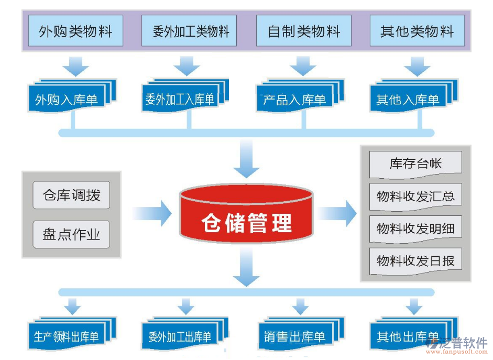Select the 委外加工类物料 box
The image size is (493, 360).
coord(189,31)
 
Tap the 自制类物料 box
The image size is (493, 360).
coord(303,31)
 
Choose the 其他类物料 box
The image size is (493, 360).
coord(417,31)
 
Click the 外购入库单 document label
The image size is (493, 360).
coord(67,100)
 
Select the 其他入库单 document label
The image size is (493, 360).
coord(408,100)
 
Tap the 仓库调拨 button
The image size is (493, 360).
coord(71,196)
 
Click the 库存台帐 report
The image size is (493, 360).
coord(415,163)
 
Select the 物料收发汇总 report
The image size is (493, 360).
coord(415,197)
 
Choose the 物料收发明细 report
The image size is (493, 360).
coord(415,228)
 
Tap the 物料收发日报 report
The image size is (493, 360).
coord(415,260)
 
